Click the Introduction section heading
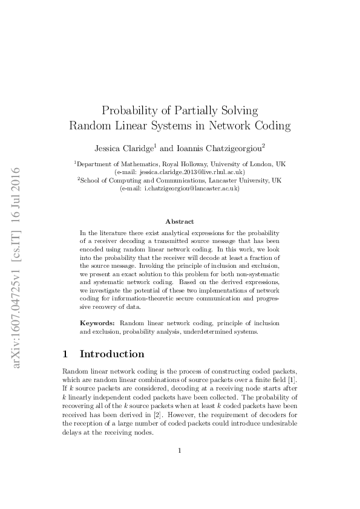(x=112, y=354)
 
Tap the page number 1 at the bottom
(x=180, y=450)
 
